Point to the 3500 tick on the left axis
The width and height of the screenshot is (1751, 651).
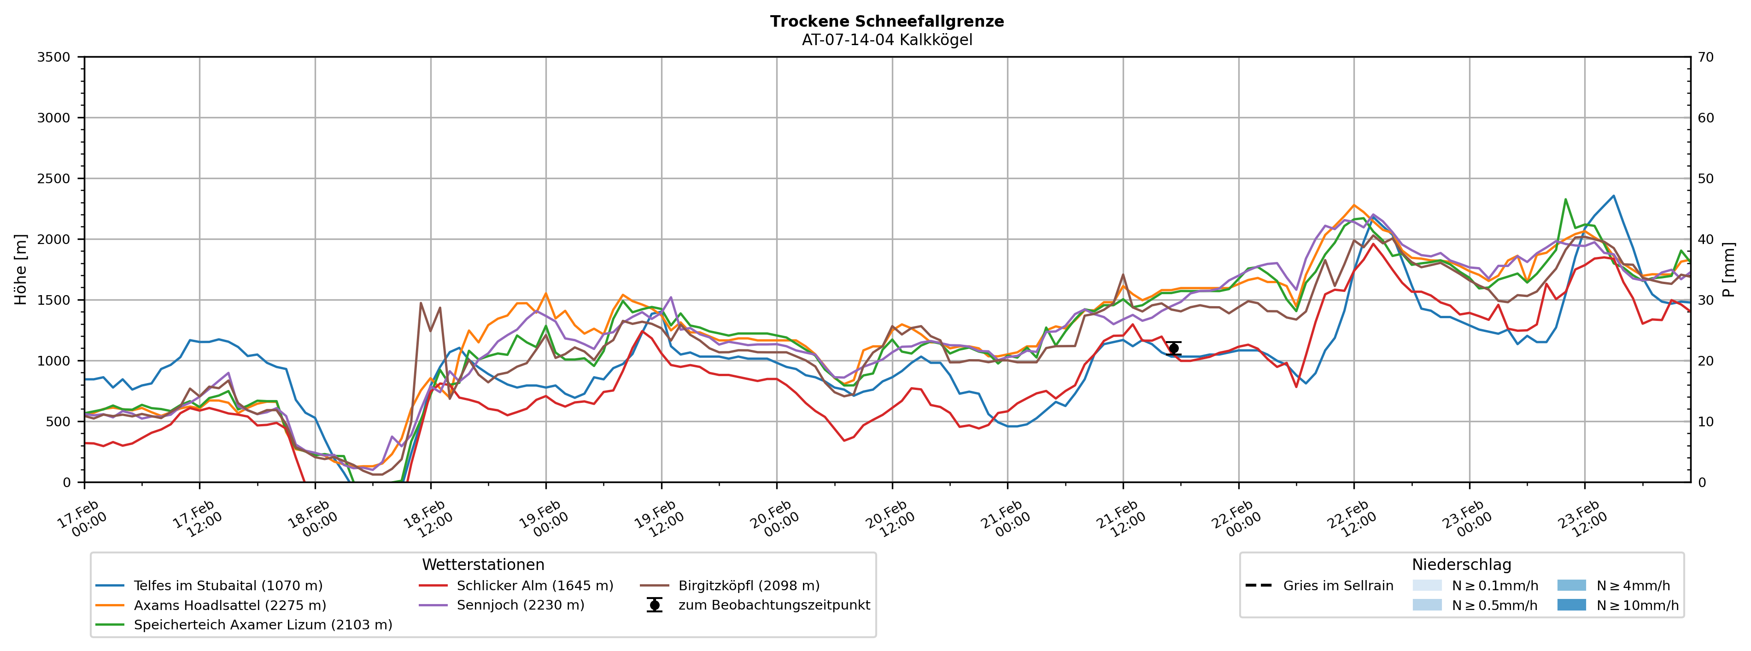point(54,57)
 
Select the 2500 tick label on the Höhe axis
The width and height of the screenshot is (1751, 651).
point(54,179)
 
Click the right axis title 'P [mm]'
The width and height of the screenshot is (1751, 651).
point(1728,270)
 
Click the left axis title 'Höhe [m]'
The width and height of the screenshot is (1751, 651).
point(20,270)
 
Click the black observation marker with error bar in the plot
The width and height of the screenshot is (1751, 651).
point(1173,349)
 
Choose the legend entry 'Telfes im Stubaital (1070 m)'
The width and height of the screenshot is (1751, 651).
point(228,586)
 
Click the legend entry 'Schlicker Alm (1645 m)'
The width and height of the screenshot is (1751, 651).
point(534,586)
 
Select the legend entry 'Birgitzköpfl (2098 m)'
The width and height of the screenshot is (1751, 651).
point(749,586)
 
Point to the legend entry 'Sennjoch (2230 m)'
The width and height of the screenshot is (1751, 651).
point(520,605)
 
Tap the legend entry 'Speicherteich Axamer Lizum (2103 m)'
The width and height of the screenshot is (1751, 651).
point(263,624)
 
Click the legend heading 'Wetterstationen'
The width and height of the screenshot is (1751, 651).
point(483,565)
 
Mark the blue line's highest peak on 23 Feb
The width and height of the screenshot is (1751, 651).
point(1614,196)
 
